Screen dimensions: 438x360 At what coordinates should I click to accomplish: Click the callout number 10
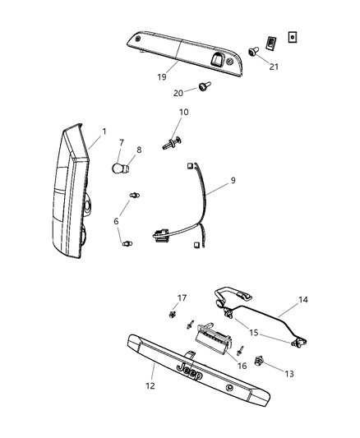pos(183,112)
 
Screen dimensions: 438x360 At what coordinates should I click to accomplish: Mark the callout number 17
pos(182,297)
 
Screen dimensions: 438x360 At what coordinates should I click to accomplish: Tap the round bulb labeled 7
pos(120,169)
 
